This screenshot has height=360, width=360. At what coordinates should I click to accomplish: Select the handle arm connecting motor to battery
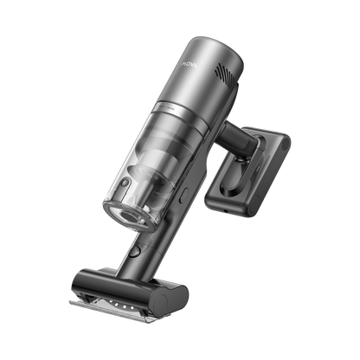point(234,138)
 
